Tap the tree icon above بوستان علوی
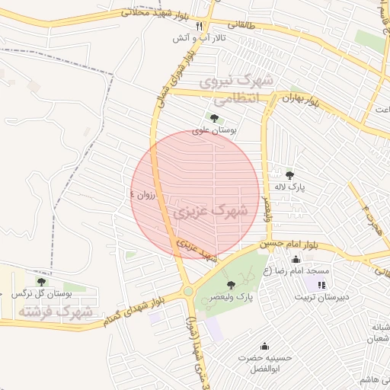click(x=214, y=118)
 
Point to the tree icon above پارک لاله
click(x=289, y=175)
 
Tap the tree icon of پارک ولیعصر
click(x=231, y=284)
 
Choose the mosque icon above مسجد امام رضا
click(x=296, y=260)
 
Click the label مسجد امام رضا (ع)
click(x=296, y=271)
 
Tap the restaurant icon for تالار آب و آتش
click(x=200, y=26)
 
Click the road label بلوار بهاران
click(x=299, y=99)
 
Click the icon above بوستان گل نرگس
click(x=41, y=282)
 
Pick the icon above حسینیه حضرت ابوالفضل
click(x=264, y=345)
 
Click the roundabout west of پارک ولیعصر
click(x=188, y=291)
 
